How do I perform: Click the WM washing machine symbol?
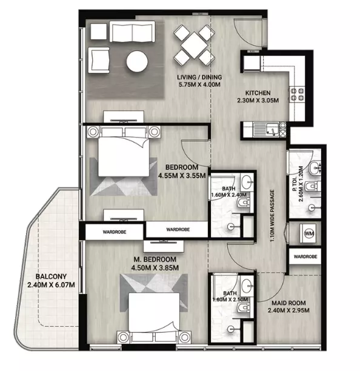tap(308, 232)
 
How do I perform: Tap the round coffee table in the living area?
tap(136, 61)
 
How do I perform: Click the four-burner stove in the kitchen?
tap(297, 95)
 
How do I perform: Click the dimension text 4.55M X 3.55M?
tap(183, 176)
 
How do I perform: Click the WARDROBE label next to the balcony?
tap(114, 230)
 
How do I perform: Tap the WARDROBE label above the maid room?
tap(305, 256)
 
